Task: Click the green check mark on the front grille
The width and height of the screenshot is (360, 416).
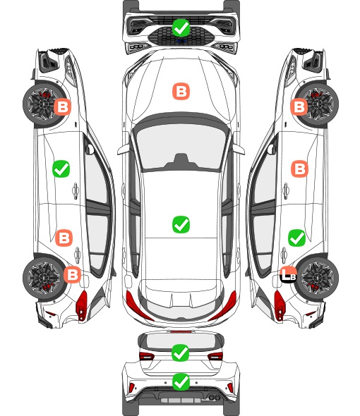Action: pos(181,27)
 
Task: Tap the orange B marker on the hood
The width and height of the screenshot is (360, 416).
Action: pos(181,91)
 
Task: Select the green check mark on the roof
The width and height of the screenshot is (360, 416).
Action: pos(181,224)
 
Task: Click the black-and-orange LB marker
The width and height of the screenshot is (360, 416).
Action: pos(289,275)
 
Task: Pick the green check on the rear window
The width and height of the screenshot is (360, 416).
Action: pos(181,353)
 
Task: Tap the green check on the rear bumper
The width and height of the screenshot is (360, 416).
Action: pos(181,381)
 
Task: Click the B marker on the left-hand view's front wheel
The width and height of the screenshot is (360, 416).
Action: pos(62,107)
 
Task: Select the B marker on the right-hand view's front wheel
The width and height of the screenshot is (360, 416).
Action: pos(299,107)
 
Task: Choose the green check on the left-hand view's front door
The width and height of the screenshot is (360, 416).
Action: pos(61,169)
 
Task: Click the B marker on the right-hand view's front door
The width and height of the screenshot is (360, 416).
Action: pos(300,169)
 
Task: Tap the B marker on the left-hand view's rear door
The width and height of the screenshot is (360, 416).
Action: pos(64,238)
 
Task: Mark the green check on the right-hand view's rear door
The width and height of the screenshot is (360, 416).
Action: pos(296,238)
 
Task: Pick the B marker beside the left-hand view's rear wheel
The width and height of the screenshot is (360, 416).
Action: pos(72,274)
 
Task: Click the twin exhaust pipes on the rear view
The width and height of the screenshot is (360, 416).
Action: pos(214,397)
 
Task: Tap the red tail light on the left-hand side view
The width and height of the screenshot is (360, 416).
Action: pos(82,305)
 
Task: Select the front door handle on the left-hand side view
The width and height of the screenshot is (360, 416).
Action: pos(76,190)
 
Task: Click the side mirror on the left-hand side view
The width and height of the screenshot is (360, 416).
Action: pos(90,149)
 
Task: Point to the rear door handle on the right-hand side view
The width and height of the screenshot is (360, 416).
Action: pos(284,255)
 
